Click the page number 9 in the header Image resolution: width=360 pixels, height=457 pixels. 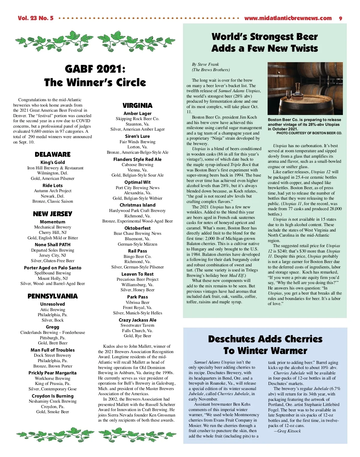[x=340, y=18]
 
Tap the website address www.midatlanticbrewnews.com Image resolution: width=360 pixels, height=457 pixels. [x=288, y=18]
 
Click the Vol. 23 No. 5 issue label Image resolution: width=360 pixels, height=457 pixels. [x=35, y=18]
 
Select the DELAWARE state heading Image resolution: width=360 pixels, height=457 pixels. [x=52, y=154]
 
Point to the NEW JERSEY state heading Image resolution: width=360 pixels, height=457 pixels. [x=52, y=214]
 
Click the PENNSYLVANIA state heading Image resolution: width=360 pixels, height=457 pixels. [x=52, y=296]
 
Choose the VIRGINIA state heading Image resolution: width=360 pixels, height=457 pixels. [x=137, y=105]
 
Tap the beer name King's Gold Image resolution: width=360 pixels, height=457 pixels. [x=52, y=162]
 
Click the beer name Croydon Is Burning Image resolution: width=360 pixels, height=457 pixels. [x=52, y=396]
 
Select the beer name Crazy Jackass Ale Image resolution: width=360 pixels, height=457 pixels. [x=137, y=320]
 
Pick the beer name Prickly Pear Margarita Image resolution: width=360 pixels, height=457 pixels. [x=52, y=373]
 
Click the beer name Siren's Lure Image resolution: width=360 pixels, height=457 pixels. [x=137, y=136]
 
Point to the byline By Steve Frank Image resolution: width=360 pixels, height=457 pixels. [x=205, y=64]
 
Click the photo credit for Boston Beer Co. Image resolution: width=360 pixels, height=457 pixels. [x=309, y=133]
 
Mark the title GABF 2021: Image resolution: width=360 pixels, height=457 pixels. [x=95, y=69]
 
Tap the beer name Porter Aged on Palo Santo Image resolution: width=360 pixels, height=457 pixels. [x=52, y=268]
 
